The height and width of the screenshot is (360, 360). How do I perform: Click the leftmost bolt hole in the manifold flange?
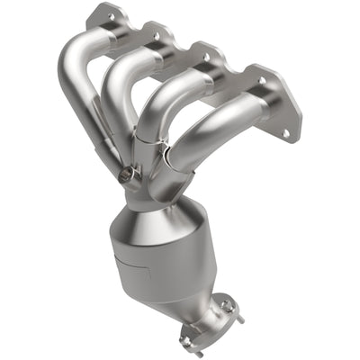(111, 15)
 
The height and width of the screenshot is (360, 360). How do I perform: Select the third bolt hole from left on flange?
(207, 56)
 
